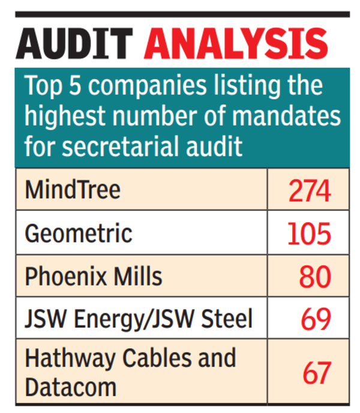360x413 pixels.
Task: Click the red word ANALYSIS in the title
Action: (x=236, y=43)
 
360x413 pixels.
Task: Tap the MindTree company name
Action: (x=73, y=189)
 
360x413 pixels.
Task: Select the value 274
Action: (x=309, y=191)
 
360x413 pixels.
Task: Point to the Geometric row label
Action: (x=78, y=233)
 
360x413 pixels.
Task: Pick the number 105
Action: (x=309, y=234)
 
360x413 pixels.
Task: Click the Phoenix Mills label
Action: (x=93, y=276)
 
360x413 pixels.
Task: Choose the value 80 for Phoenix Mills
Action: (x=315, y=277)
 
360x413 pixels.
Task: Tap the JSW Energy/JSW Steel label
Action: (x=139, y=319)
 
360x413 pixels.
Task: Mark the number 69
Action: (x=316, y=320)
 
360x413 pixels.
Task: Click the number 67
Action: (x=316, y=372)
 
